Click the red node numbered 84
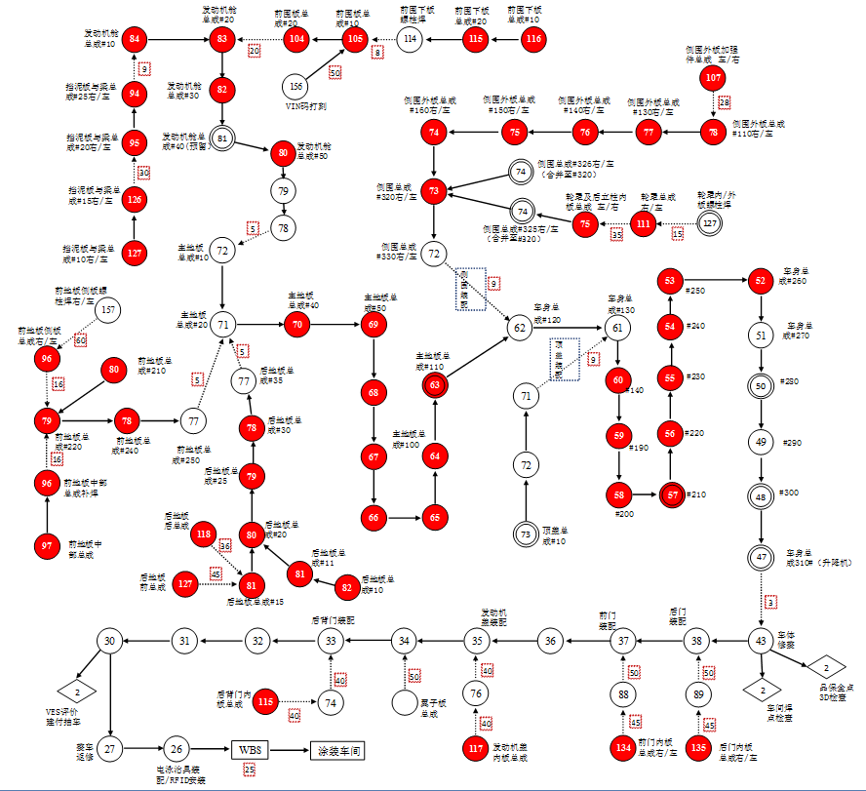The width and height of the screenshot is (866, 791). (x=136, y=39)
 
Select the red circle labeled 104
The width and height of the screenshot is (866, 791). (x=296, y=39)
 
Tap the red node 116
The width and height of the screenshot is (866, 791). (x=532, y=39)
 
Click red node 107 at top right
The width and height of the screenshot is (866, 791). (x=714, y=77)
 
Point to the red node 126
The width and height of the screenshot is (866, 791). (x=136, y=200)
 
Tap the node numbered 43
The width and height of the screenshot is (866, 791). (x=761, y=641)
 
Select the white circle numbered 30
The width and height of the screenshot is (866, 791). (x=110, y=641)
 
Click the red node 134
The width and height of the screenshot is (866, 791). (x=623, y=747)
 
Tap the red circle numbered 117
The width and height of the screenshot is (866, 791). (x=475, y=747)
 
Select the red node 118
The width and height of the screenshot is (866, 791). (x=204, y=534)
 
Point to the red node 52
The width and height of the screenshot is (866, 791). (x=761, y=281)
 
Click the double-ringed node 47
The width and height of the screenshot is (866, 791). (x=761, y=557)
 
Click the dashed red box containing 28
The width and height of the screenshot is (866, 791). (x=724, y=102)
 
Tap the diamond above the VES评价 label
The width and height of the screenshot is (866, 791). (x=82, y=692)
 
